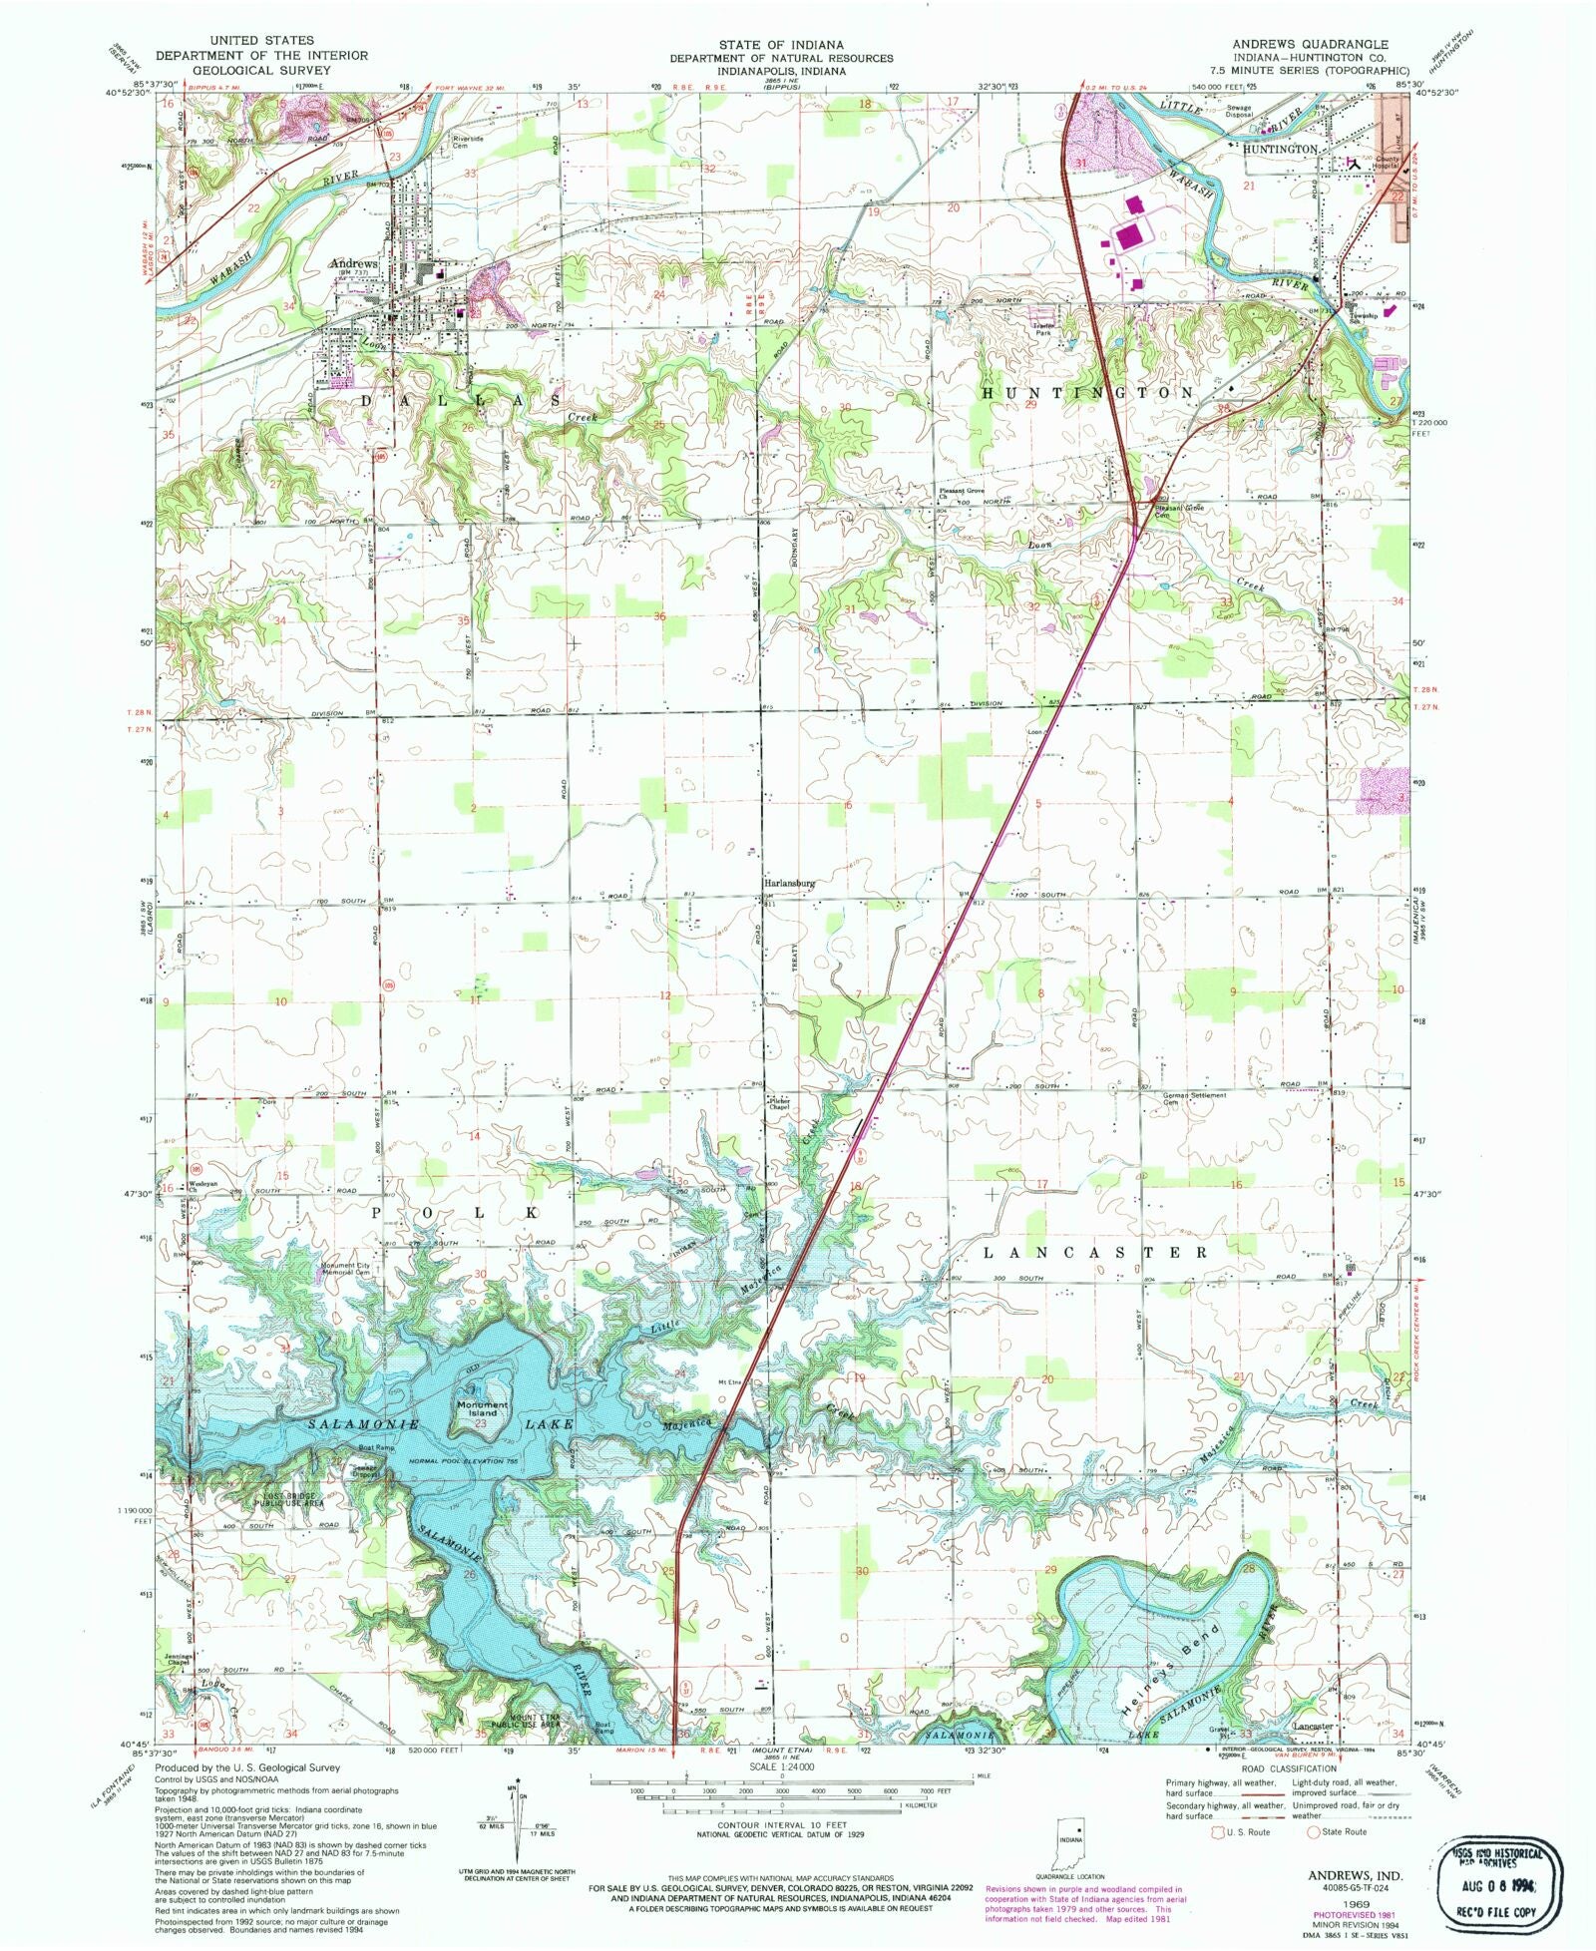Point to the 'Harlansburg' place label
tap(790, 884)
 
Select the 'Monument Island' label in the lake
tap(483, 1408)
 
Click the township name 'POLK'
tap(458, 1212)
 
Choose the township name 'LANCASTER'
tap(1095, 1252)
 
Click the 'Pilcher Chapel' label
tap(779, 1105)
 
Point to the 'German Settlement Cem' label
tap(1194, 1098)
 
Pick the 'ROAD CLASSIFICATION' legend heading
tap(1289, 1767)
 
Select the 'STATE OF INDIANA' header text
tap(781, 45)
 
